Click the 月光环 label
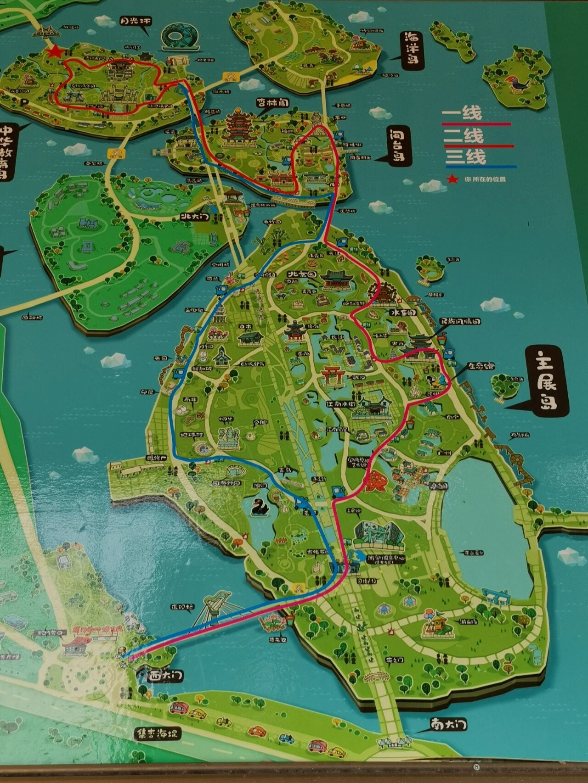pos(135,21)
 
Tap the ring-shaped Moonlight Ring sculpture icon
pos(180,37)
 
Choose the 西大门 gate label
pos(166,676)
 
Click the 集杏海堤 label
pos(157,733)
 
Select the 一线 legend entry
pos(462,113)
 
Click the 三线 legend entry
pos(465,157)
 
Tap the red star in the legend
pos(453,179)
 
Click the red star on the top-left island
pos(56,52)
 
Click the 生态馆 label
pos(481,366)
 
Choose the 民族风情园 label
pos(460,322)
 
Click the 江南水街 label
pos(341,404)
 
